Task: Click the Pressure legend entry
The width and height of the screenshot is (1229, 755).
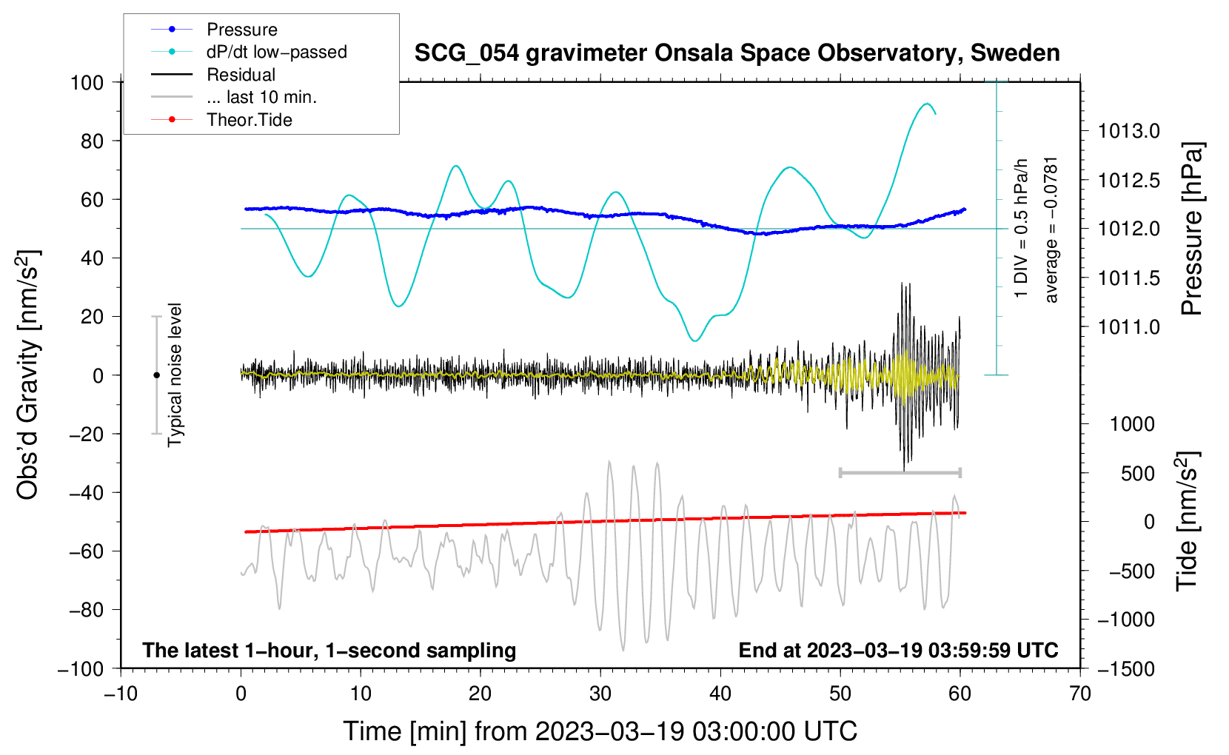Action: click(x=215, y=29)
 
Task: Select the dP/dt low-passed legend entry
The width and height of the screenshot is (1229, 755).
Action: click(x=249, y=52)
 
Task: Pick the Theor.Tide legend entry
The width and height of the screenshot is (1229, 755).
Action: click(x=221, y=120)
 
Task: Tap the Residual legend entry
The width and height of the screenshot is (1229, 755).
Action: click(x=213, y=75)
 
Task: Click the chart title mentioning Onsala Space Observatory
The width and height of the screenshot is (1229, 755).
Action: click(x=737, y=53)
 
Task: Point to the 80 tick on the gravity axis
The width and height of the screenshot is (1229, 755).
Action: click(x=92, y=141)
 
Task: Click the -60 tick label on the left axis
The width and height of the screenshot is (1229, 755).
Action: click(x=86, y=551)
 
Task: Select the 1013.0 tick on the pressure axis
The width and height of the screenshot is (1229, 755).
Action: click(x=1128, y=131)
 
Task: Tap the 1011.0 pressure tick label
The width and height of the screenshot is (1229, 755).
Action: click(x=1128, y=327)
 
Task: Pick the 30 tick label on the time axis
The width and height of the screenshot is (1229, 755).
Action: click(x=600, y=694)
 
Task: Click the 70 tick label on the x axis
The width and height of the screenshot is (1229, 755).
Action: click(x=1079, y=694)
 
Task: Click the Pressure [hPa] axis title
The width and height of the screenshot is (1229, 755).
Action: click(x=1192, y=229)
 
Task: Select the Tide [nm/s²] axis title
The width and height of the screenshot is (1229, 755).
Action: click(x=1188, y=521)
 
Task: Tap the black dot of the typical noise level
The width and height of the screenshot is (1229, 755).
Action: click(x=156, y=375)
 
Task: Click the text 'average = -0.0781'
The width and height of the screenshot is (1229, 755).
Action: click(x=1050, y=230)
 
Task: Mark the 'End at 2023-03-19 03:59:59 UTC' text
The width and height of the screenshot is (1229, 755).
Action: click(x=898, y=650)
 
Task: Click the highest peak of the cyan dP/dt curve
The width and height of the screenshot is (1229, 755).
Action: click(x=927, y=103)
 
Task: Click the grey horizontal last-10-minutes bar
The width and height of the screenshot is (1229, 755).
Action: click(x=900, y=472)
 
